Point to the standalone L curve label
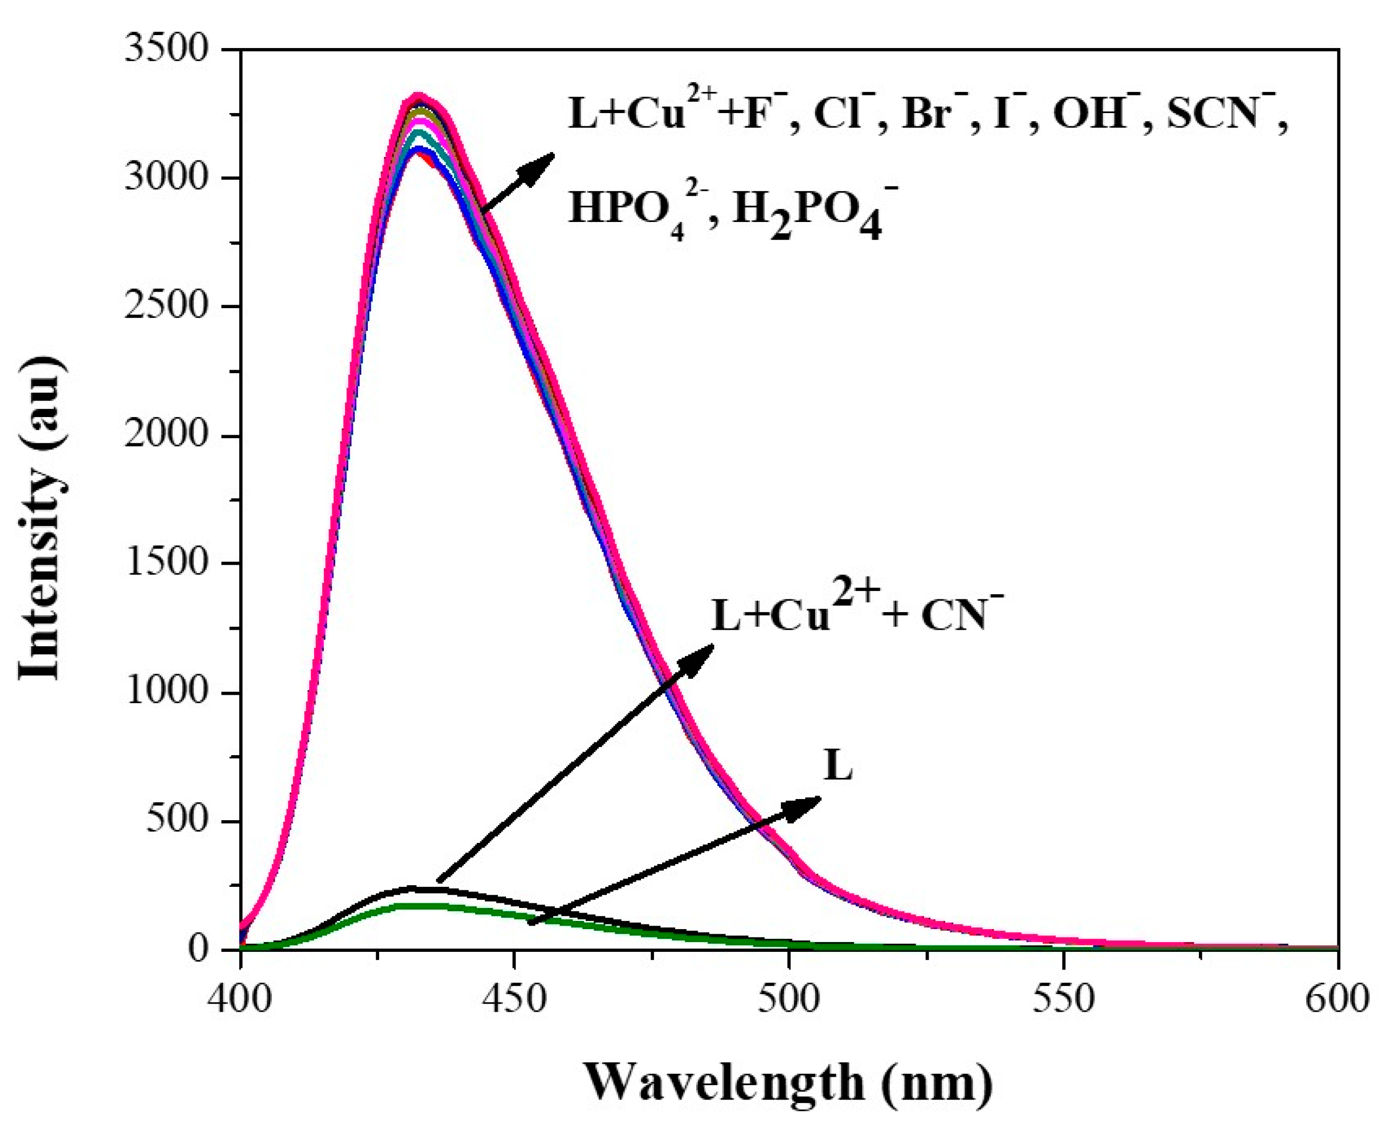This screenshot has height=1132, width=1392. [x=838, y=766]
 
